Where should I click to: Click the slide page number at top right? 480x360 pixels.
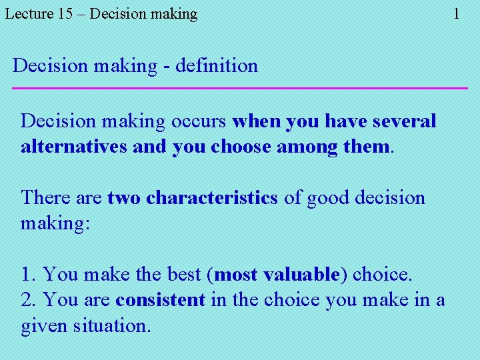click(456, 13)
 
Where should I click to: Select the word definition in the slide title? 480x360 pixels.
click(217, 66)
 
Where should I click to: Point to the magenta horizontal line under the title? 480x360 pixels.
click(240, 88)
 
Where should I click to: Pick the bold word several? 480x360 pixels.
click(404, 121)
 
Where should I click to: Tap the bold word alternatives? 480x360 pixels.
click(74, 147)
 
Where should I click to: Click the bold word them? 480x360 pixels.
click(366, 147)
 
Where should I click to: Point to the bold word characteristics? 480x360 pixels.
click(211, 198)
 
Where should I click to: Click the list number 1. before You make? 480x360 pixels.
click(29, 275)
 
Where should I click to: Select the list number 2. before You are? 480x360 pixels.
click(29, 300)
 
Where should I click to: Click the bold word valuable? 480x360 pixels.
click(301, 275)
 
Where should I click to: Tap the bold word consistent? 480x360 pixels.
click(160, 300)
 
